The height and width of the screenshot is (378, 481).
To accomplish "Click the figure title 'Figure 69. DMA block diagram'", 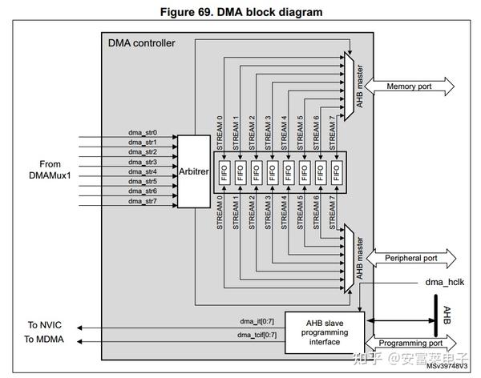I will [240, 12].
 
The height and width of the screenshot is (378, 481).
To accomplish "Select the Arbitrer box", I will [193, 171].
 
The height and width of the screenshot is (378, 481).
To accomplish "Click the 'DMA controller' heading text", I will [141, 42].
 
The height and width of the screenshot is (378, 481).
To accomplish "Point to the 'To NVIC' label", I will [45, 324].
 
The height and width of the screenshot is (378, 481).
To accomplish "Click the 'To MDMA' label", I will [46, 340].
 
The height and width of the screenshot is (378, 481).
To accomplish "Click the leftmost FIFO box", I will [224, 171].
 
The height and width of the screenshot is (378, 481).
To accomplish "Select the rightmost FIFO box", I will [336, 171].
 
